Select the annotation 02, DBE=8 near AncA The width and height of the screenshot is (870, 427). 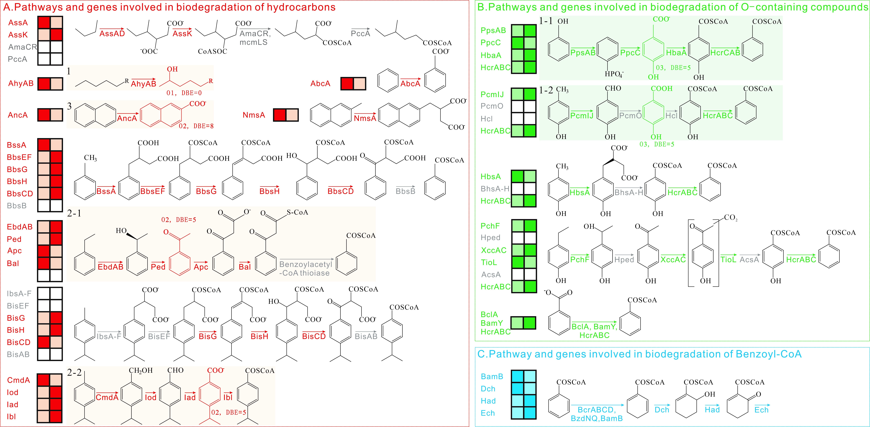point(196,126)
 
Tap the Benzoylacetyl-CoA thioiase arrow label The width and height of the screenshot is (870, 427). point(306,269)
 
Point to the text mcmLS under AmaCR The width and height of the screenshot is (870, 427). point(253,42)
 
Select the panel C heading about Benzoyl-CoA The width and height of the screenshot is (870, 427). point(639,354)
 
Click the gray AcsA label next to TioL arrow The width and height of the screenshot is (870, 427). point(749,259)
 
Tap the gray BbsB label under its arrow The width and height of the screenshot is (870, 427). point(405,191)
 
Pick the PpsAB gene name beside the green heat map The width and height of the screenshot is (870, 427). point(493,30)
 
